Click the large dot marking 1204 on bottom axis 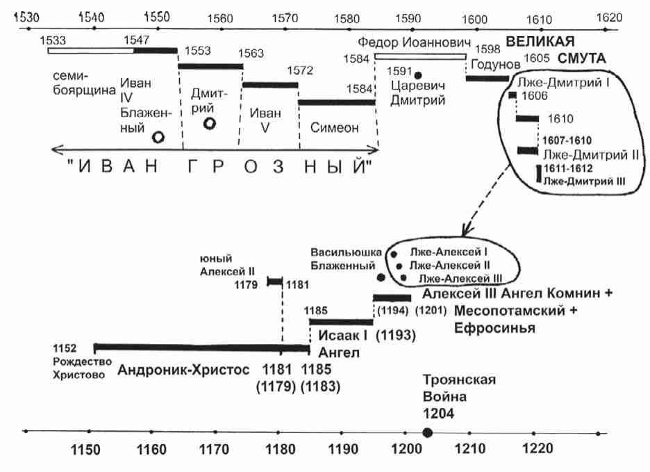coord(428,432)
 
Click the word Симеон coord(335,128)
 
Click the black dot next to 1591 coord(418,74)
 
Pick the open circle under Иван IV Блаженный coord(158,138)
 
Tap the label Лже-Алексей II coord(450,266)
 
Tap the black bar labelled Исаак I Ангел coord(341,322)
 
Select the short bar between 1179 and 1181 coord(275,282)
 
